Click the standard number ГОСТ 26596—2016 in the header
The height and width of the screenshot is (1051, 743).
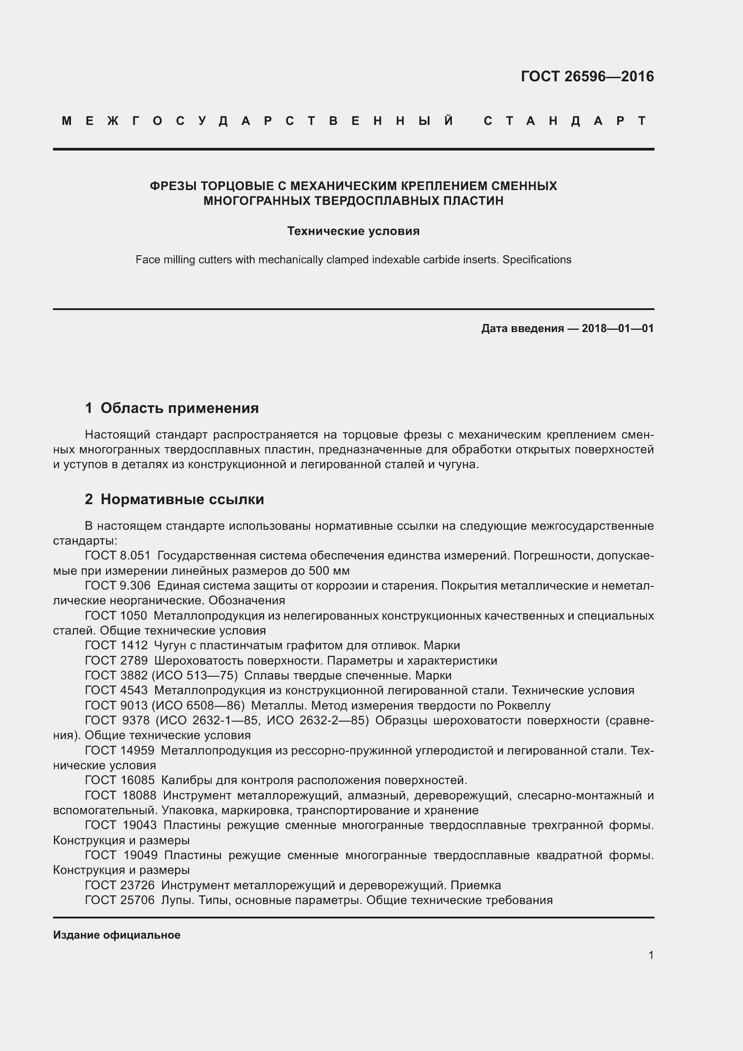click(587, 76)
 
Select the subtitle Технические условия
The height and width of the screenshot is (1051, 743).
click(353, 231)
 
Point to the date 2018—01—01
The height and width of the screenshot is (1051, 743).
click(618, 328)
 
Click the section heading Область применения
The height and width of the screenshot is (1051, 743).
click(179, 408)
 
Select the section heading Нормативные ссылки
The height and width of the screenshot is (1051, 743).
click(182, 499)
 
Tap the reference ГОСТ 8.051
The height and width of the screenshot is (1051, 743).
click(118, 556)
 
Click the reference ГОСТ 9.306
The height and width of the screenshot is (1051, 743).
click(118, 585)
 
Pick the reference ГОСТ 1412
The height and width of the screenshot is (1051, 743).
click(116, 645)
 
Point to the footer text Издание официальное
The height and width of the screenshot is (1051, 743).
click(117, 935)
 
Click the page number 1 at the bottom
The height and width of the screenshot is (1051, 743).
click(650, 955)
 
